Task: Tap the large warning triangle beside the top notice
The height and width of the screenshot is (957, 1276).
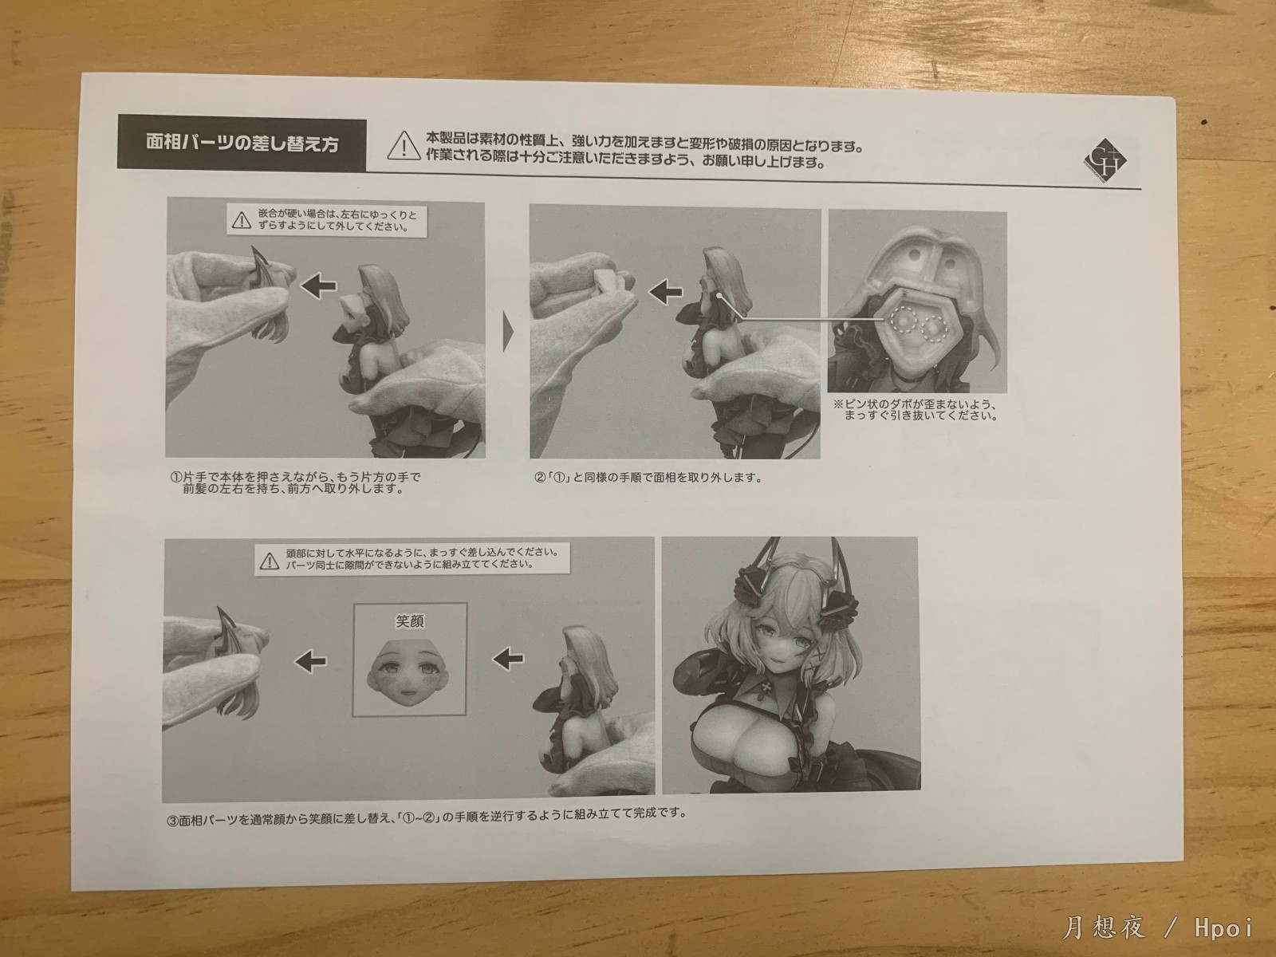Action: point(404,147)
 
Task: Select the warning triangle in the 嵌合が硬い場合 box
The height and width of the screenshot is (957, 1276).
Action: point(242,220)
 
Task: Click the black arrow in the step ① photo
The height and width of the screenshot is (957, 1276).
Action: point(318,286)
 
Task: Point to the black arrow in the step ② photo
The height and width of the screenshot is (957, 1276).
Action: point(665,292)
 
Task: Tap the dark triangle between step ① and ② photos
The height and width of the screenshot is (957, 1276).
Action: point(508,333)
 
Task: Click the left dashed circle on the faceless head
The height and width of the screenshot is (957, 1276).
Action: point(904,320)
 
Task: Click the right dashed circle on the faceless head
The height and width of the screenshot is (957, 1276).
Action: point(935,328)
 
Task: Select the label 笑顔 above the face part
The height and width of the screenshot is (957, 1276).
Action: point(410,621)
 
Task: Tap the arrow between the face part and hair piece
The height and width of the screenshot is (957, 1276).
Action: point(310,661)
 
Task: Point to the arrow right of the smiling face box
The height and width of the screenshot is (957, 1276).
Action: point(507,659)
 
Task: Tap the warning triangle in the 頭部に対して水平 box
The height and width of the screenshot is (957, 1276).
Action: point(269,561)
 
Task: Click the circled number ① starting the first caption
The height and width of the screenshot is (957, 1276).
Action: point(175,478)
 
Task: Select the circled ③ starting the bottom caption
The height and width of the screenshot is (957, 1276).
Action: point(172,821)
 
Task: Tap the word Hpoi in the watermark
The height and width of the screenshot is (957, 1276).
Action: point(1223,928)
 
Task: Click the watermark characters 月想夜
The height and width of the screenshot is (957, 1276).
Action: point(1104,928)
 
